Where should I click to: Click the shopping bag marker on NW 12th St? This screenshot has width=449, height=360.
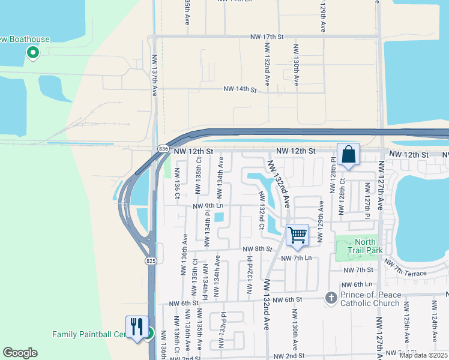(x=348, y=155)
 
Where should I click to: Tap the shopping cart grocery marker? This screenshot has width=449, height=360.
(x=297, y=235)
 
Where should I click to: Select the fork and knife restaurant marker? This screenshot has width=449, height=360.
(x=136, y=327)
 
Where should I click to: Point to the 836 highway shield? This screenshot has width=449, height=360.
(x=163, y=148)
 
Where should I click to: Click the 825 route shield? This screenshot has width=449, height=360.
(x=150, y=260)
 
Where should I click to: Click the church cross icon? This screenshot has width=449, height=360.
(x=331, y=298)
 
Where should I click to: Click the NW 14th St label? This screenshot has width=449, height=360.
(x=240, y=89)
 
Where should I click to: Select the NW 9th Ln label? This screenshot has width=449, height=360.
(x=208, y=206)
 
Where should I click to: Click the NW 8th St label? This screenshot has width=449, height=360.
(x=258, y=248)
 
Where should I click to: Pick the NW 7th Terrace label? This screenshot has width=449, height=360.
(x=405, y=268)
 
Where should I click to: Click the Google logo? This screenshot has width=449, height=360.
(x=20, y=353)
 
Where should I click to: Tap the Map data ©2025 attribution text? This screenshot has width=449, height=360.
(x=423, y=355)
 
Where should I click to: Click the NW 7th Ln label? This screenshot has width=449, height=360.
(x=300, y=257)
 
